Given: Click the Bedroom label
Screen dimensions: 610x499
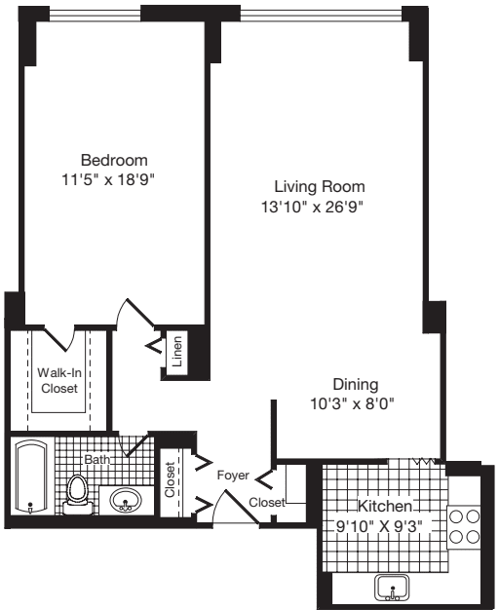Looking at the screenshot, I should point(114,160).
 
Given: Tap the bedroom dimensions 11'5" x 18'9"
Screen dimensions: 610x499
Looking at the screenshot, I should point(114,179).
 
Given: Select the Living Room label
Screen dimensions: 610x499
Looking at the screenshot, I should point(319,186).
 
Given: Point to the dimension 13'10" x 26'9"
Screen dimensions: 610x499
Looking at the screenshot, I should point(319,206).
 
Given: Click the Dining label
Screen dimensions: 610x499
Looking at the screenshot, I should point(355,384).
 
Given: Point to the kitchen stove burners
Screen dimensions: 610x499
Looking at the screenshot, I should point(464,526).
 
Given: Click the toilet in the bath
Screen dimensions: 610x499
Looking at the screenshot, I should point(77,491).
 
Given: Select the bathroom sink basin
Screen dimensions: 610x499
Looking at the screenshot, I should point(125,502).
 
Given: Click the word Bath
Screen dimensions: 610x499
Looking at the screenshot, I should point(96,458).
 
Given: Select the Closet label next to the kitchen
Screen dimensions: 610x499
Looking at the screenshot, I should point(266,502).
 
